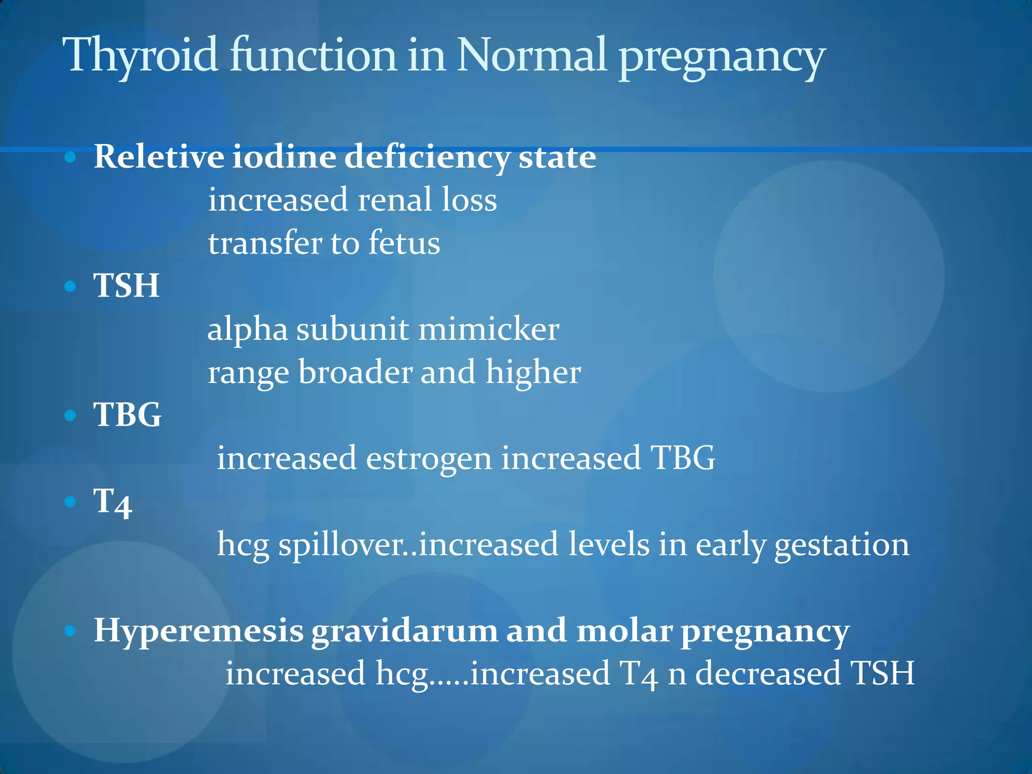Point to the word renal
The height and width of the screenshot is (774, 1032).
[395, 200]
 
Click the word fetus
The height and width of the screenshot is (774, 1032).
[404, 243]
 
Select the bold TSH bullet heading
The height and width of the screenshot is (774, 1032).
[126, 286]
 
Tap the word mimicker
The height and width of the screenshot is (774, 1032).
[488, 330]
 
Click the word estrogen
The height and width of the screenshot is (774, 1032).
[428, 459]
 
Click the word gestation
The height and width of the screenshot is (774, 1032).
[842, 545]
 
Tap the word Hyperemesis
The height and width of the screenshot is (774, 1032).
[199, 631]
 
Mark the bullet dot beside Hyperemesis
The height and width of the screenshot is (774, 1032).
[70, 630]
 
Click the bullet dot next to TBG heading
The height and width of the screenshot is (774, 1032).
[70, 415]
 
